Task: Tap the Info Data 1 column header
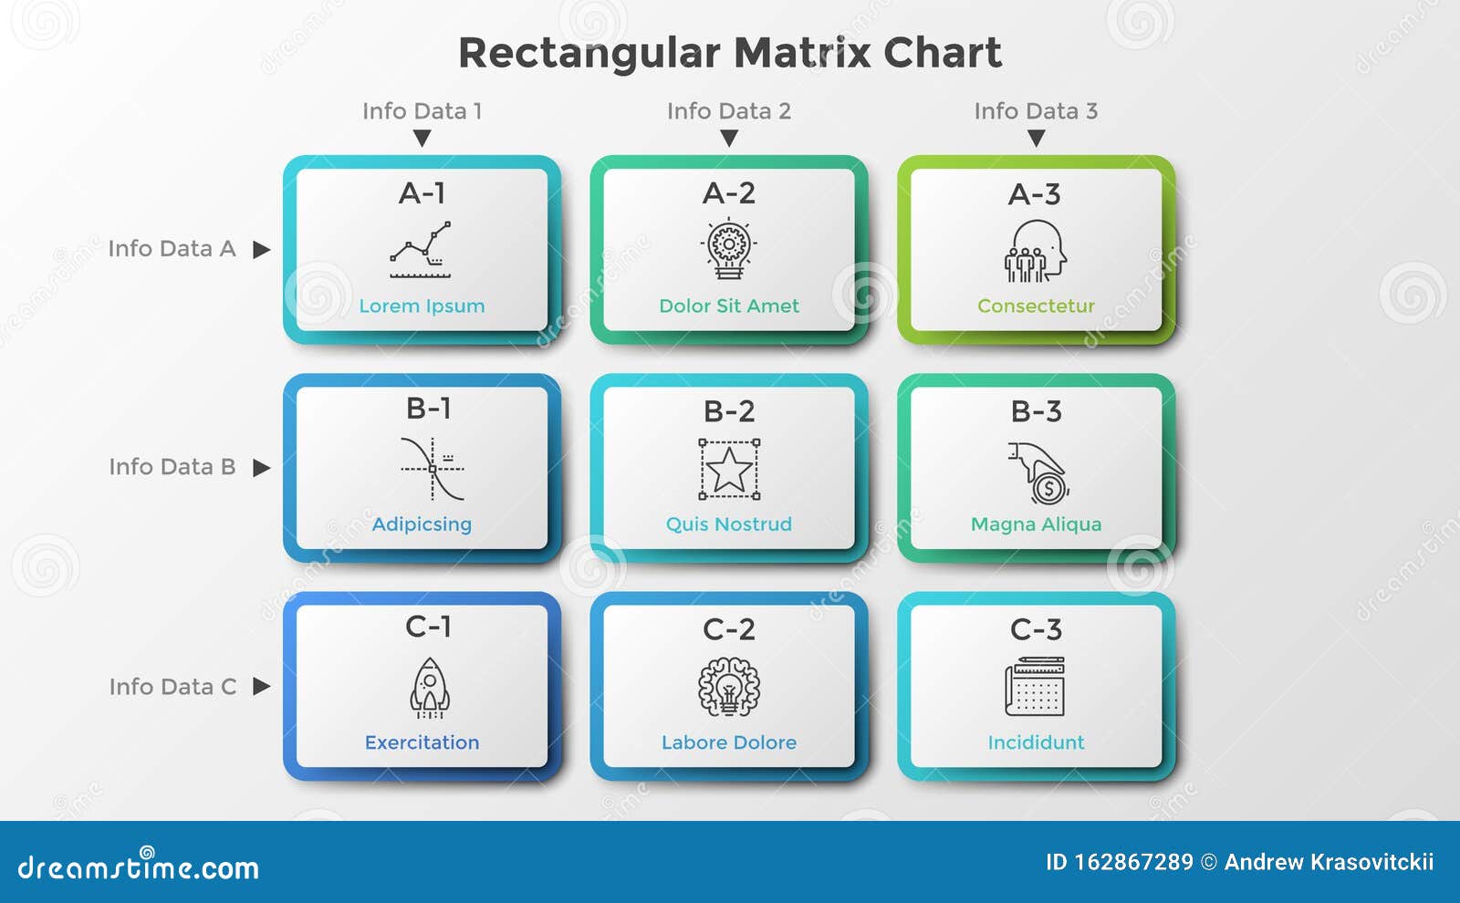point(422,111)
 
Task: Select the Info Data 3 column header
point(1036,111)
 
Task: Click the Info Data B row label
point(172,466)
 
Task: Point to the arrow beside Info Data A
point(261,250)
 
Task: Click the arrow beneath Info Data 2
point(729,138)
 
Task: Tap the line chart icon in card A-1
point(421,250)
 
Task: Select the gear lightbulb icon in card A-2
point(729,249)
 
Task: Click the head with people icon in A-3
point(1036,251)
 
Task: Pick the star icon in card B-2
point(729,469)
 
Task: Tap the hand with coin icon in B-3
point(1038,473)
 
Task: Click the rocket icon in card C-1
point(430,688)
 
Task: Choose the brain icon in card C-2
point(729,688)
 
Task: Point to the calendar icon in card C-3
point(1035,686)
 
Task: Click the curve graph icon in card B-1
point(433,469)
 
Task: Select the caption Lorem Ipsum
point(422,306)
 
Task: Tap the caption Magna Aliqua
point(1036,524)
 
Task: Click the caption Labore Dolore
point(729,742)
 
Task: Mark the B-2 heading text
point(729,411)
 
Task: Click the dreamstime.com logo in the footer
point(138,866)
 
